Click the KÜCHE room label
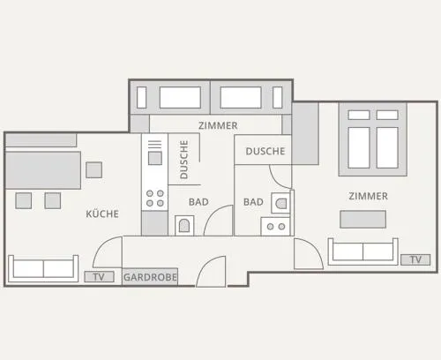[x=102, y=214]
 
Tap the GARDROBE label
[x=150, y=277]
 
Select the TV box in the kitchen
[x=99, y=277]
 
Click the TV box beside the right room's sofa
[x=415, y=259]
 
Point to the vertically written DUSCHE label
[x=183, y=160]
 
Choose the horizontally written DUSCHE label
[x=265, y=151]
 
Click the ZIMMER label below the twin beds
[x=218, y=125]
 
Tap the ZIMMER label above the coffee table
[x=368, y=196]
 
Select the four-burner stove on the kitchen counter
[x=155, y=199]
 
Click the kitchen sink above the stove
[x=155, y=158]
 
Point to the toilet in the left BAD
[x=184, y=226]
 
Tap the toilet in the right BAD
[x=280, y=203]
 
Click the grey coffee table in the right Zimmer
[x=363, y=219]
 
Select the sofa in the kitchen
[x=43, y=269]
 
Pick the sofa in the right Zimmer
[x=363, y=251]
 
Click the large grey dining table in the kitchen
[x=43, y=170]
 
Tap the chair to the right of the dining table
[x=94, y=170]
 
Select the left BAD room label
[x=198, y=202]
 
